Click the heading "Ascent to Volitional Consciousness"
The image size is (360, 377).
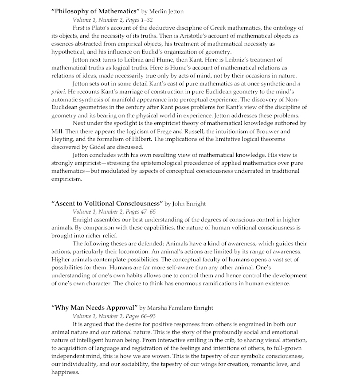(107, 204)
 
